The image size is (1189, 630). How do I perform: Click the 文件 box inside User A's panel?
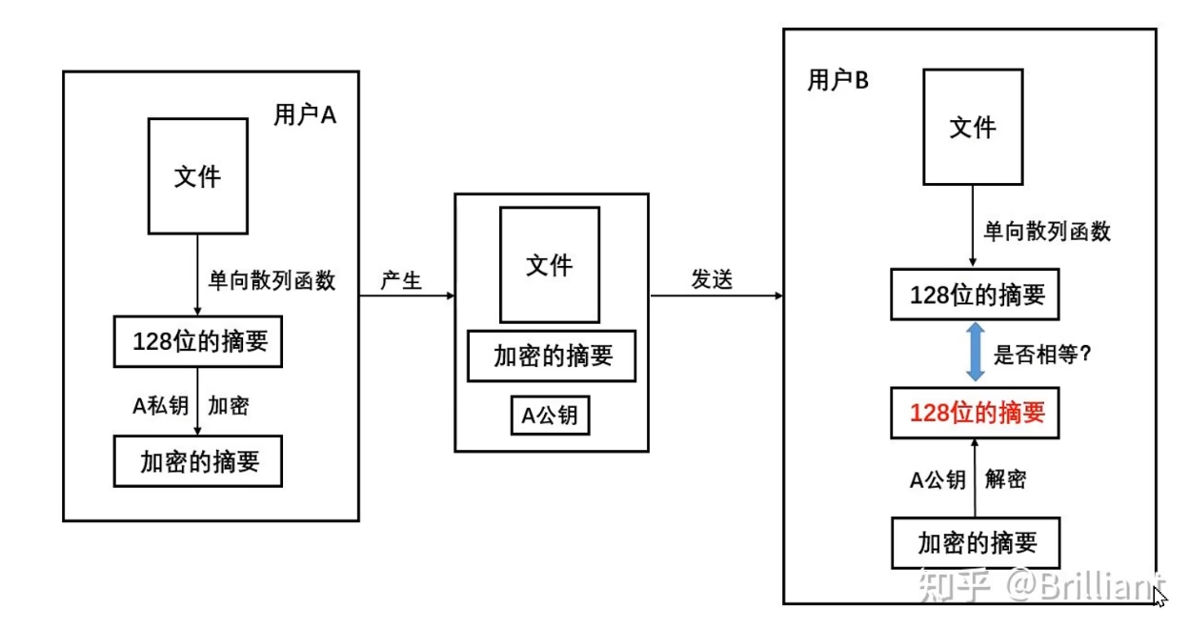click(197, 176)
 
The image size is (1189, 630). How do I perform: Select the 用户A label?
click(305, 116)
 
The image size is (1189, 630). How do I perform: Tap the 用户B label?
click(838, 81)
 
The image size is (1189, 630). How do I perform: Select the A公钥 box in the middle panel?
click(550, 416)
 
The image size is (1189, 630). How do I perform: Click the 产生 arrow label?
click(401, 281)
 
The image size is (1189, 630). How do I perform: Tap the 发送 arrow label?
click(711, 281)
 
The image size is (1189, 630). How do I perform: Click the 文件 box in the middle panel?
click(550, 265)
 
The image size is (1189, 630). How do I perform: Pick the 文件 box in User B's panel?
click(973, 127)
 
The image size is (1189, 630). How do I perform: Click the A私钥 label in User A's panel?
click(160, 406)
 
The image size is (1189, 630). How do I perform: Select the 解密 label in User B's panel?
click(1006, 480)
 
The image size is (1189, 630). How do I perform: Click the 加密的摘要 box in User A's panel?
click(198, 461)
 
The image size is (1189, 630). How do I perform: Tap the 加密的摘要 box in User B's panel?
click(977, 543)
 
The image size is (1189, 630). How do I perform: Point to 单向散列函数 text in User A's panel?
click(272, 281)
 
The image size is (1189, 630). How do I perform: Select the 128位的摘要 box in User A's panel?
click(198, 341)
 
